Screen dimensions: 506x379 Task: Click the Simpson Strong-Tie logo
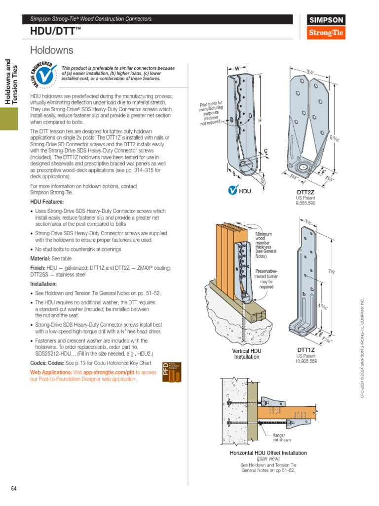[x=327, y=27]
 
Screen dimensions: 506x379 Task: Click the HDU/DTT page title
[x=55, y=32]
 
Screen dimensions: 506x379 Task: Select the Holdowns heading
[x=51, y=50]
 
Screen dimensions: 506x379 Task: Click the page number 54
[x=14, y=489]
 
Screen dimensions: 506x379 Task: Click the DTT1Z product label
[x=306, y=349]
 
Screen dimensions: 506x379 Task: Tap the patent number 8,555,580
[x=305, y=203]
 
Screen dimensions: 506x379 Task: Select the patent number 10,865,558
[x=306, y=361]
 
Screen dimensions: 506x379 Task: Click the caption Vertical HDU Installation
[x=247, y=354]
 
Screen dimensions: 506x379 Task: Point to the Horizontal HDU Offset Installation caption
[x=268, y=453]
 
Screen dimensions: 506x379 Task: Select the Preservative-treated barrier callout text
[x=266, y=279]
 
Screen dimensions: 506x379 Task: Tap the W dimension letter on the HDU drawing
[x=237, y=68]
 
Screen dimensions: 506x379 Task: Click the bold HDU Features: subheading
[x=47, y=202]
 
